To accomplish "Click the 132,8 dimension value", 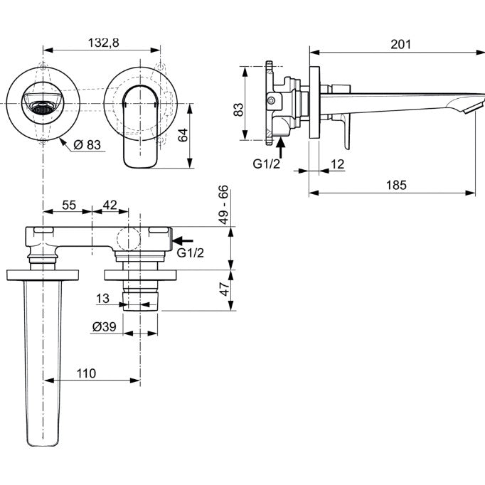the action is click(x=103, y=43).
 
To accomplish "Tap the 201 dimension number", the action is click(x=400, y=44).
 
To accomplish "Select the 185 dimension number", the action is click(x=396, y=185).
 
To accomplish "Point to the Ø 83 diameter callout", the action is click(x=87, y=144).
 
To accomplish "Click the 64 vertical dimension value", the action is click(x=183, y=135).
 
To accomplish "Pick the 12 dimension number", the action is click(x=337, y=164).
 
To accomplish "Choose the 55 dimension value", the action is click(x=69, y=205).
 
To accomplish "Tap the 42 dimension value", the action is click(x=110, y=205).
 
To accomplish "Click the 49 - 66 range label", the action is click(x=223, y=204).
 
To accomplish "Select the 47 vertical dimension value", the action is click(x=225, y=288).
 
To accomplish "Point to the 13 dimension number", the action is click(x=102, y=299).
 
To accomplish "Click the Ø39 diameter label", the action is click(x=105, y=326).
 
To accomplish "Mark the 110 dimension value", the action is click(x=86, y=373).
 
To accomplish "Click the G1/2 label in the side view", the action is click(x=266, y=164).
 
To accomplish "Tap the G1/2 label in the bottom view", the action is click(x=190, y=252).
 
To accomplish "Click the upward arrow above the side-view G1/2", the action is click(x=280, y=148).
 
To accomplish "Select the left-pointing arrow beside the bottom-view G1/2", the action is click(x=183, y=240).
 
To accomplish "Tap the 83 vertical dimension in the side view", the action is click(x=238, y=110).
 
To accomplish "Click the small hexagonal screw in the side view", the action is click(x=271, y=100).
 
